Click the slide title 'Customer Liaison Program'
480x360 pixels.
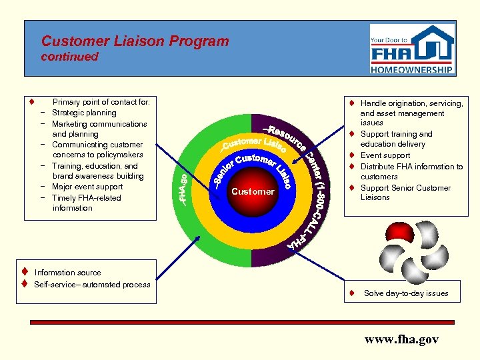pos(135,41)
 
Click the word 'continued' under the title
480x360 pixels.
pos(69,57)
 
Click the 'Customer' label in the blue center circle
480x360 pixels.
pos(253,192)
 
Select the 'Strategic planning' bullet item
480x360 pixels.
pos(84,113)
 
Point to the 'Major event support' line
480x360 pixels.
pos(87,187)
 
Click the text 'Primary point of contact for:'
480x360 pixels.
pos(101,102)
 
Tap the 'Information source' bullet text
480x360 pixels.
pos(68,273)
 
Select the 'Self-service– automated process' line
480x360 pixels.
pos(92,285)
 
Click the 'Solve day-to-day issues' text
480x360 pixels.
pos(406,293)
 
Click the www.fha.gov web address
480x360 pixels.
pos(401,339)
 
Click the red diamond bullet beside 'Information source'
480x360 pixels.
pos(23,272)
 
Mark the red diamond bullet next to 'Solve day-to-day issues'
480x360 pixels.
pos(351,293)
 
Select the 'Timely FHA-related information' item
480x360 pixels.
pos(86,203)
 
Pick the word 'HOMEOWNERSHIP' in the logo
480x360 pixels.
pos(412,68)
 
